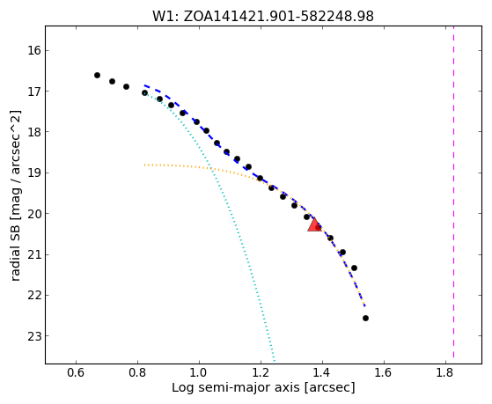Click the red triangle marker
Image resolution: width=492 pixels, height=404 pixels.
tap(314, 224)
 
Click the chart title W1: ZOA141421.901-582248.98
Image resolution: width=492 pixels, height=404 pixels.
tap(263, 16)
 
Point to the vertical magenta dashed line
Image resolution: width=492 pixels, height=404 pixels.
tap(454, 192)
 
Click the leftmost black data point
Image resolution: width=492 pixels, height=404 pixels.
tap(98, 76)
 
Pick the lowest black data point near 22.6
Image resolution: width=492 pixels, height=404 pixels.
tap(365, 319)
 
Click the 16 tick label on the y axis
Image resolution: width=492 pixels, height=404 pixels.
tap(34, 50)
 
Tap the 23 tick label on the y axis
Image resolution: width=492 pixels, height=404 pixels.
tap(34, 336)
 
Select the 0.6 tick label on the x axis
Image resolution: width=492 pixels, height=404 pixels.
tap(76, 372)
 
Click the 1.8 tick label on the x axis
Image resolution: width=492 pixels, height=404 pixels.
tap(445, 372)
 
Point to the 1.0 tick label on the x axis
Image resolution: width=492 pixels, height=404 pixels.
tap(199, 372)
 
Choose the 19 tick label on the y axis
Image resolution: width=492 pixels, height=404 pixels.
tap(34, 173)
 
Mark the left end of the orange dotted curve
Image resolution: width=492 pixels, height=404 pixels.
tap(144, 165)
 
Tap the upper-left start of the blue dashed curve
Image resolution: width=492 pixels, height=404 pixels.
tap(144, 85)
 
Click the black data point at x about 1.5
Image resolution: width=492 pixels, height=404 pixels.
tap(354, 268)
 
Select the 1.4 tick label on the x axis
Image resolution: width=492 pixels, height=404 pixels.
tap(322, 372)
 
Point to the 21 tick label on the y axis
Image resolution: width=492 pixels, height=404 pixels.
tap(34, 254)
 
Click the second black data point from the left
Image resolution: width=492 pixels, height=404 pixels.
tap(112, 82)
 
